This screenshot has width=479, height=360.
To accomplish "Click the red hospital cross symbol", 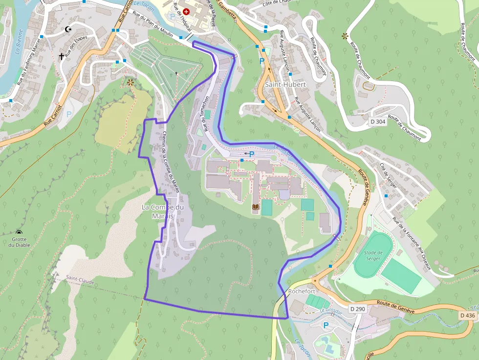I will pyautogui.click(x=186, y=11).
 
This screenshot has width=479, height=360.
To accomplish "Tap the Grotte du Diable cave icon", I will pyautogui.click(x=19, y=232).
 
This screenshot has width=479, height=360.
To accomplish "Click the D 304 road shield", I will pyautogui.click(x=378, y=121).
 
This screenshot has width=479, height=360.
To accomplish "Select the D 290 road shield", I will pyautogui.click(x=358, y=309).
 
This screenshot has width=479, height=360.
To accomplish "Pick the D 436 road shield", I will pyautogui.click(x=467, y=316).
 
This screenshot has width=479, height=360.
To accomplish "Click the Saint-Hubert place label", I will pyautogui.click(x=285, y=85).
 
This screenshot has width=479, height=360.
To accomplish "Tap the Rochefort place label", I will pyautogui.click(x=302, y=291).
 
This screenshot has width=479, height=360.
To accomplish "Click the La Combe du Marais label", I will pyautogui.click(x=163, y=212).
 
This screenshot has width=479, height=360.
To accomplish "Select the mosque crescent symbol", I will pyautogui.click(x=68, y=29).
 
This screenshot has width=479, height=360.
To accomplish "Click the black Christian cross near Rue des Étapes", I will pyautogui.click(x=61, y=56).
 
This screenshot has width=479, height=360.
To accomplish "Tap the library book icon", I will pyautogui.click(x=255, y=208).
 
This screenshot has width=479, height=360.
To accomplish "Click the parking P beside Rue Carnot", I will pyautogui.click(x=69, y=114).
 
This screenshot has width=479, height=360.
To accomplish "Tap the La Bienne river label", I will pyautogui.click(x=18, y=43).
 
